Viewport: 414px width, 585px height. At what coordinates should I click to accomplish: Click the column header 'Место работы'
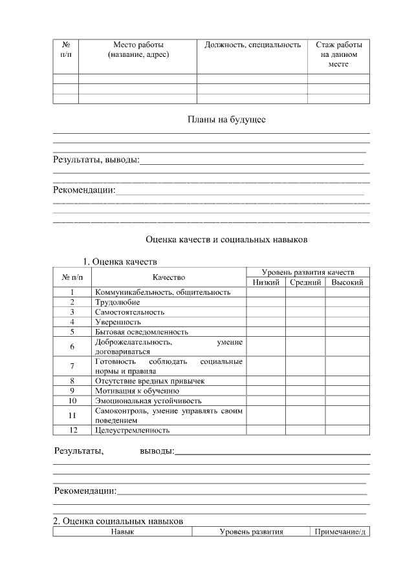138,45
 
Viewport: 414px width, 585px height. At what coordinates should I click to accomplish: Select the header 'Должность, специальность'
252,45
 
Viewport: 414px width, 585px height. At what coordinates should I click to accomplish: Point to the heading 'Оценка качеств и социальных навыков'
226,239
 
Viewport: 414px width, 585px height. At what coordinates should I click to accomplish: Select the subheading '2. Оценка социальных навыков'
118,521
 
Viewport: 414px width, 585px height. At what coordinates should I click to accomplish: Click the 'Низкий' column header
266,282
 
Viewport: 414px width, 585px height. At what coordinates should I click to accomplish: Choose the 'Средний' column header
305,282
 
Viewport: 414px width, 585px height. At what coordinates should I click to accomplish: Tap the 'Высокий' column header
347,282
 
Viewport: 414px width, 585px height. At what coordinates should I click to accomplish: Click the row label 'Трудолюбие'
117,302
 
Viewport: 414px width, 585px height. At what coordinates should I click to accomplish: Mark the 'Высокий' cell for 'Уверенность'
347,321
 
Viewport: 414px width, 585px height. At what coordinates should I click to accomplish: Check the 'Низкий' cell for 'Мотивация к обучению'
266,390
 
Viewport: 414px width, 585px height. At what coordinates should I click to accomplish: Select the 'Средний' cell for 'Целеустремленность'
305,429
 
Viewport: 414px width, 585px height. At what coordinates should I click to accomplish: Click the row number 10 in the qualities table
72,400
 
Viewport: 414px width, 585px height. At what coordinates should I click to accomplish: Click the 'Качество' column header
169,277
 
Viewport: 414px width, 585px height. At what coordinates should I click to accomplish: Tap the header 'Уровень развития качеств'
307,272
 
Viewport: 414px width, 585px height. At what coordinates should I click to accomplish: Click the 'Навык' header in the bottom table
122,532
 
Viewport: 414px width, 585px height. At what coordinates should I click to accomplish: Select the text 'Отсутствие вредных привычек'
149,381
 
